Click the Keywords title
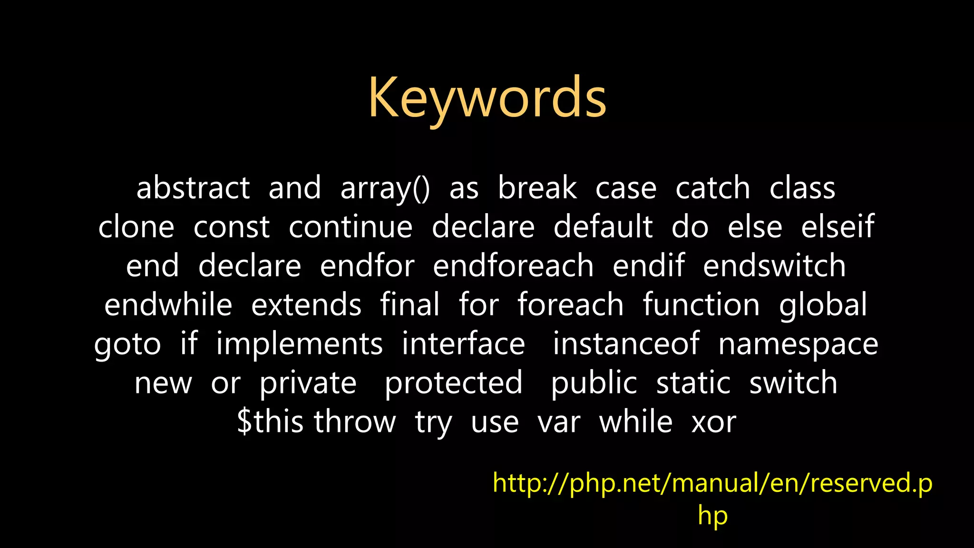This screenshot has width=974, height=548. [487, 98]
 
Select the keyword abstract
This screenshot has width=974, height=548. [193, 188]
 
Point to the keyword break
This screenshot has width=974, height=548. [537, 188]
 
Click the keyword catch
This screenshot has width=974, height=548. [712, 188]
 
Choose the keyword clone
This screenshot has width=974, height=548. [136, 227]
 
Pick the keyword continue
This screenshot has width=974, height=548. [351, 227]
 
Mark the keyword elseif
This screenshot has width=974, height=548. [838, 227]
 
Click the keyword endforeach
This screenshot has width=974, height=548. [513, 266]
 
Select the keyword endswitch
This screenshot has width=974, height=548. [774, 266]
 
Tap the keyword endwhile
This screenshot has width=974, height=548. [168, 305]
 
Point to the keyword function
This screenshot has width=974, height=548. [701, 305]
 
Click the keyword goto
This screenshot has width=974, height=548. [127, 345]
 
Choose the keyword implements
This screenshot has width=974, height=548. [299, 345]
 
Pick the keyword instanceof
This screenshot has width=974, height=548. [626, 344]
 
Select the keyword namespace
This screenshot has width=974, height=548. [798, 345]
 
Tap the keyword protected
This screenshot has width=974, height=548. [453, 383]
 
